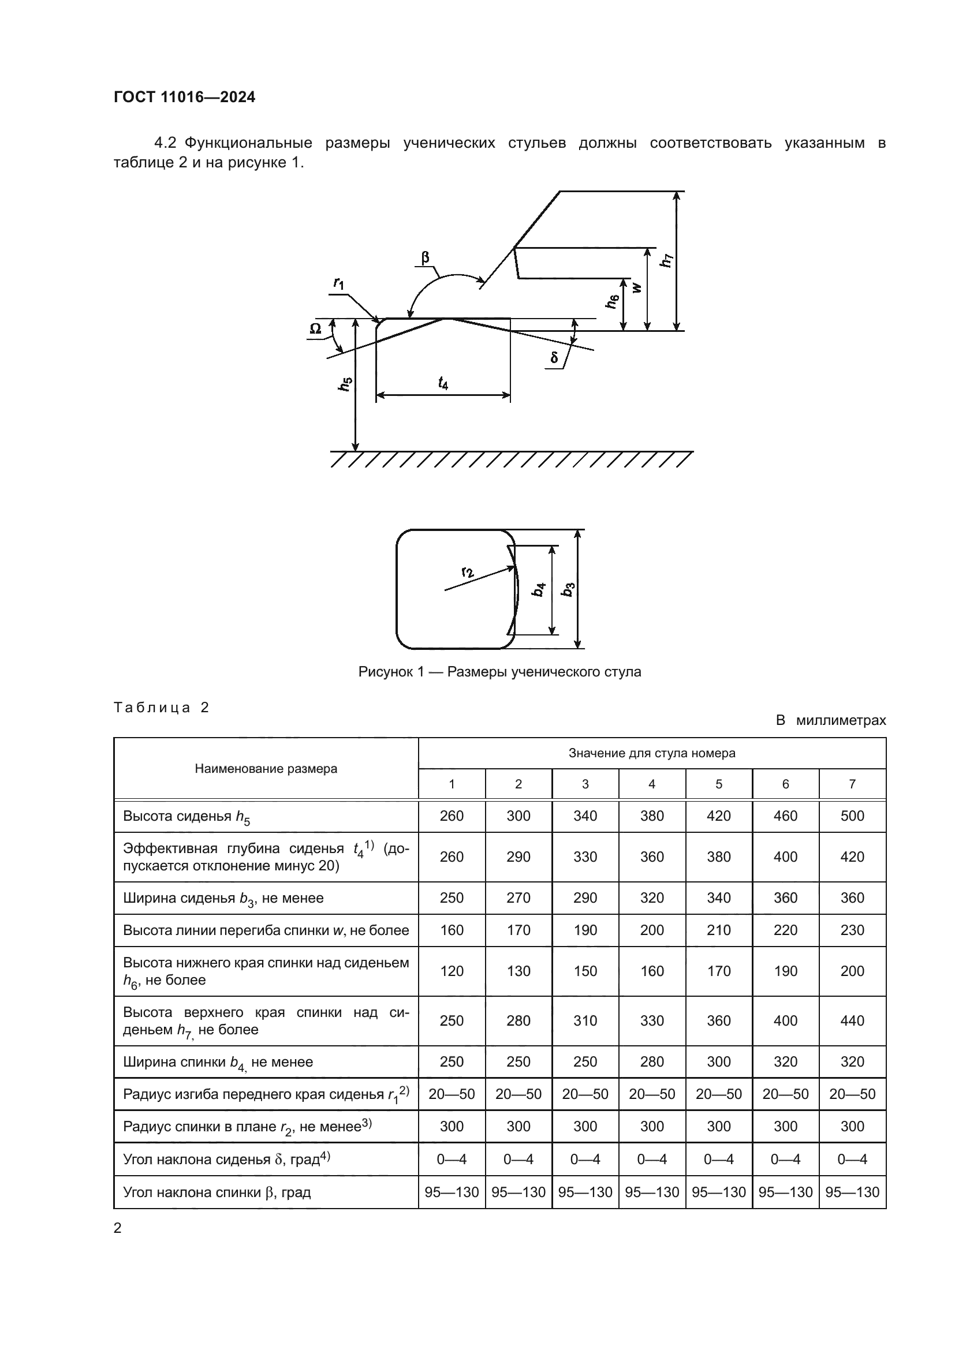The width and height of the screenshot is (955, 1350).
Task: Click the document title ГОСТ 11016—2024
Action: pos(185,97)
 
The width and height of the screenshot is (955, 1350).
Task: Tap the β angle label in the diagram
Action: pos(425,257)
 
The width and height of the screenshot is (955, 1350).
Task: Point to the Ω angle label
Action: pos(316,328)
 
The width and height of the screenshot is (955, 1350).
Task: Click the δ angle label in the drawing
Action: pos(553,357)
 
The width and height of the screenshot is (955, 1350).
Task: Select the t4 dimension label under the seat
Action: pos(443,383)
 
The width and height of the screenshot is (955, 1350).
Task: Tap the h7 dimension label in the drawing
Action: pos(666,259)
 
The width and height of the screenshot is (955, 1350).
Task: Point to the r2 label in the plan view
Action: pos(468,571)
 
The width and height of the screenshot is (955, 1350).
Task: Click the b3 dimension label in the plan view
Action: pos(568,589)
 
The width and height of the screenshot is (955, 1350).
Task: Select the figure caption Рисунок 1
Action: pos(499,671)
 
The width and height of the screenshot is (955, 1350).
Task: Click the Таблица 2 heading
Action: pos(161,708)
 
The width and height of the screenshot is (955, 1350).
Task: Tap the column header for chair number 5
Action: pos(719,784)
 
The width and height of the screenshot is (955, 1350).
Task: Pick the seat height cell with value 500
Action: pos(852,816)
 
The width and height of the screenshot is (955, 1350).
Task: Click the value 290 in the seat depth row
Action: pos(518,857)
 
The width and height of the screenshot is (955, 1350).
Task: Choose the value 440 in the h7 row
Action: pos(852,1021)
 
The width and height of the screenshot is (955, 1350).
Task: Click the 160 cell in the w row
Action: pos(452,930)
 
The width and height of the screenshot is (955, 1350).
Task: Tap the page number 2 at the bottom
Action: pos(118,1228)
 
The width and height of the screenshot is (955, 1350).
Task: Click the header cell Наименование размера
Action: pos(266,768)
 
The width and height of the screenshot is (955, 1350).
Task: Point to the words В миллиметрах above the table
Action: pos(831,720)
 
